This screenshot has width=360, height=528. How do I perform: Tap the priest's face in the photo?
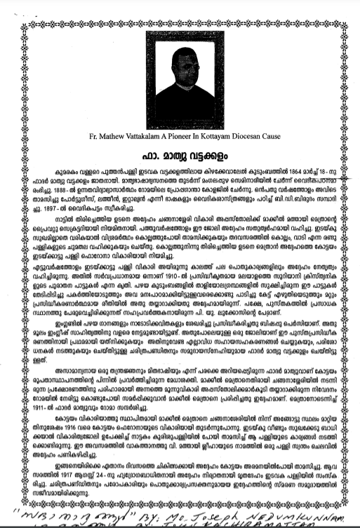coord(180,62)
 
